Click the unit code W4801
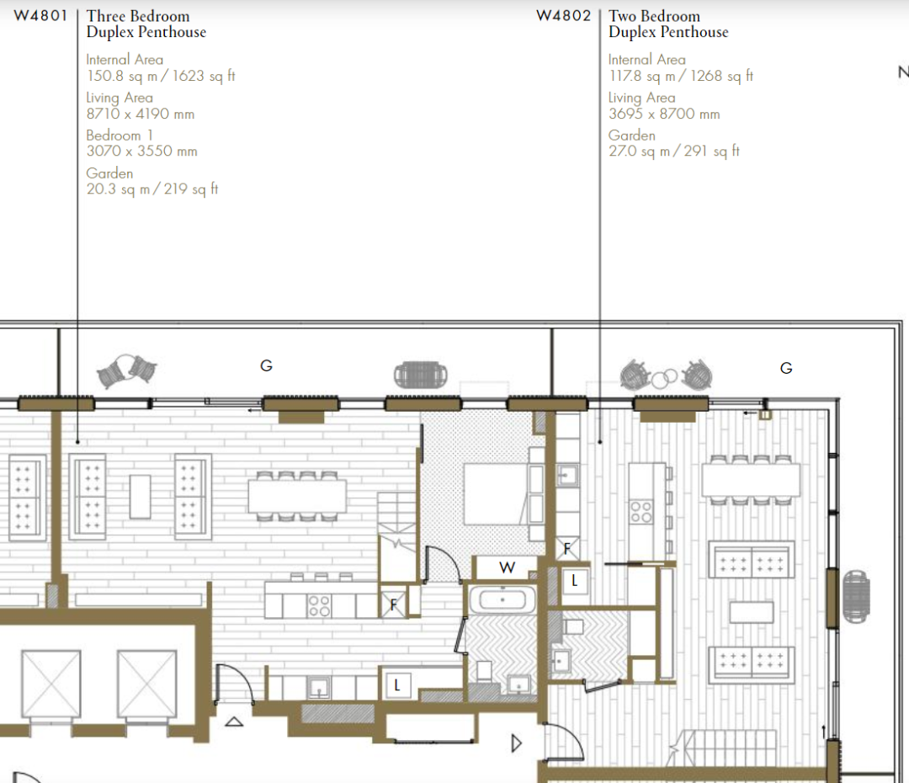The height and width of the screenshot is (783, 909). [40, 16]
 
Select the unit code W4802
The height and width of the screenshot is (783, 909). [563, 16]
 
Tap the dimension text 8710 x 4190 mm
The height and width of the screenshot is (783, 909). [141, 114]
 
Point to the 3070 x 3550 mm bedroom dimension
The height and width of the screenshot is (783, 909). [142, 151]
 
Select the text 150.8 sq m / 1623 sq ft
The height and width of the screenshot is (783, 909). [161, 76]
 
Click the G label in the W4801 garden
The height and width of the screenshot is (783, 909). [266, 365]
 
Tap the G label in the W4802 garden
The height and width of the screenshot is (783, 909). [786, 368]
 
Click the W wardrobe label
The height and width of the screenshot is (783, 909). [507, 567]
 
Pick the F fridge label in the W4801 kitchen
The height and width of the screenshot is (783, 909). [394, 605]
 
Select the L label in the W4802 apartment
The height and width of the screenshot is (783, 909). [575, 581]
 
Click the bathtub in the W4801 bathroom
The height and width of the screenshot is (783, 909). [502, 599]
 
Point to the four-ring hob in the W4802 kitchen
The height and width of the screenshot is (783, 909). [641, 512]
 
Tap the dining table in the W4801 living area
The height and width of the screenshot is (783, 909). [297, 496]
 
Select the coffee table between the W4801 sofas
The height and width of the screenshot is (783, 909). [141, 497]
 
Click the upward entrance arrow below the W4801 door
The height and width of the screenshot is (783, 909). [234, 722]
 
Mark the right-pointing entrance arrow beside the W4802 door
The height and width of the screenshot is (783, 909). [517, 743]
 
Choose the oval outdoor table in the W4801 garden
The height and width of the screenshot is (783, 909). [420, 376]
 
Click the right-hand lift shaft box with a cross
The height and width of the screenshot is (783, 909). [147, 684]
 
